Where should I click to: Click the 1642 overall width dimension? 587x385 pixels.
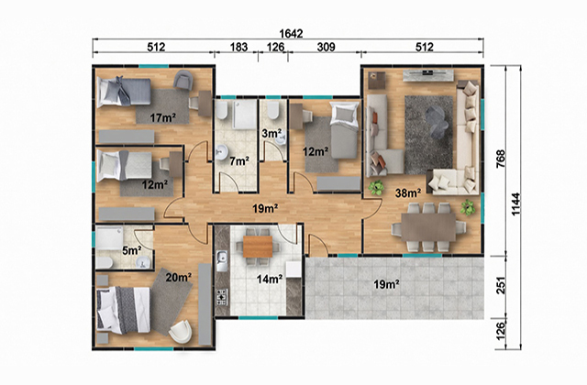tap(291, 34)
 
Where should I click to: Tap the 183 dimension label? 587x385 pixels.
tap(238, 47)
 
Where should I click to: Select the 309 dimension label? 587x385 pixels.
tap(327, 47)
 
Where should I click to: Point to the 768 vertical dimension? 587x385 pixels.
tap(501, 159)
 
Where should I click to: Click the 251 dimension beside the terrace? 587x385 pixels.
tap(501, 285)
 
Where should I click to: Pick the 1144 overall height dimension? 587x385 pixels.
tap(515, 204)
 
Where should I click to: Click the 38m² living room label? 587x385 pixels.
tap(408, 193)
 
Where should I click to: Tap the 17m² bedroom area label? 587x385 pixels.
tap(163, 118)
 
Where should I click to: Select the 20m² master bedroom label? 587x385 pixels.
tap(179, 277)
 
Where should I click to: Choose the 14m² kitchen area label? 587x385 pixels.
tap(269, 279)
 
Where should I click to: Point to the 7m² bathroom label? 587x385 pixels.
tap(239, 161)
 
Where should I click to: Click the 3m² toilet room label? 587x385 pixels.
tap(271, 133)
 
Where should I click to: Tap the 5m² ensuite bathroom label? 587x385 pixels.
tap(132, 250)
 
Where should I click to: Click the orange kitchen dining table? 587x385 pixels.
tap(258, 247)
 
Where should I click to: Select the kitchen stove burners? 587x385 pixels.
tap(222, 296)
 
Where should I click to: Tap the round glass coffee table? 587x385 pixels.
tap(437, 120)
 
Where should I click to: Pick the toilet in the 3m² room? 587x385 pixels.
tap(273, 110)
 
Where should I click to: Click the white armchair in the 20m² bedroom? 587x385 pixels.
tap(181, 331)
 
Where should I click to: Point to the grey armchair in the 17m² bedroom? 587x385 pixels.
tap(183, 80)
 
